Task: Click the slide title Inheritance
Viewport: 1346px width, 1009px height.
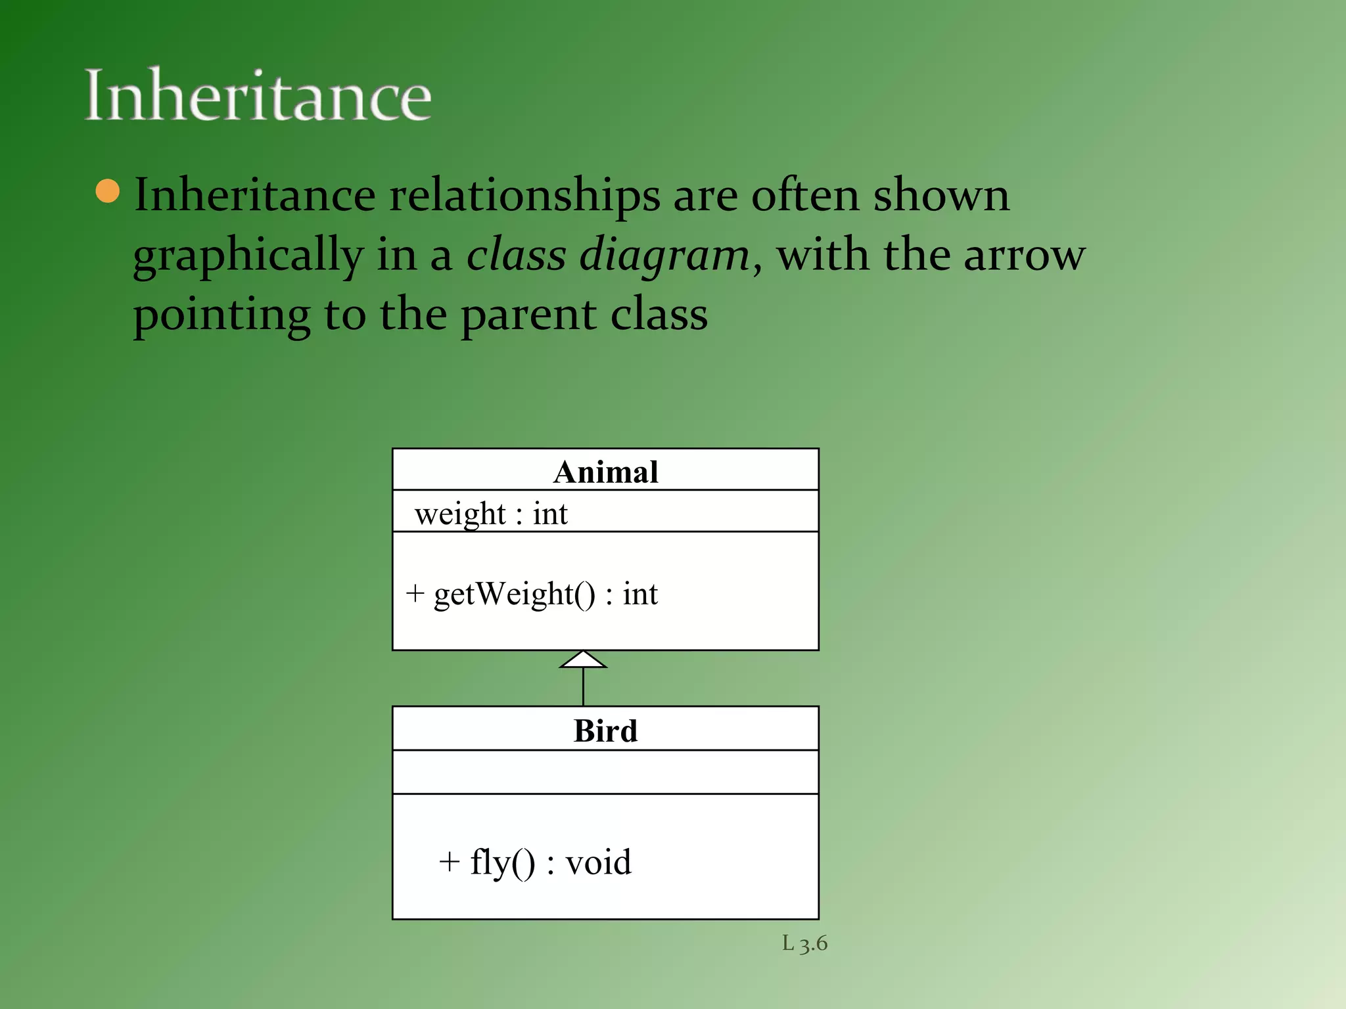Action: [x=258, y=96]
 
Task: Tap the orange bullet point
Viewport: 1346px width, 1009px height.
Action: [x=108, y=191]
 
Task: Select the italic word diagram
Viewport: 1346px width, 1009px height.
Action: [x=664, y=255]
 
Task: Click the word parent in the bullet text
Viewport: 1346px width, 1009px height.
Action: [x=529, y=315]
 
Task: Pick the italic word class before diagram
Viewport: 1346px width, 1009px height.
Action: [x=516, y=255]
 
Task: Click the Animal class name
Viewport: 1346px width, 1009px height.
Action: [x=605, y=472]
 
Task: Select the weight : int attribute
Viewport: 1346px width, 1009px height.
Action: [x=491, y=513]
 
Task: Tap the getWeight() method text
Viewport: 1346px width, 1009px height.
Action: [x=545, y=594]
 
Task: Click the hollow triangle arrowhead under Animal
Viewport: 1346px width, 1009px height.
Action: [x=583, y=660]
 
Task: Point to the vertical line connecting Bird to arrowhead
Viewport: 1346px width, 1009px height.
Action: [x=583, y=687]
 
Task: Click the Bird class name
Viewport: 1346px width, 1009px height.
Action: [x=605, y=730]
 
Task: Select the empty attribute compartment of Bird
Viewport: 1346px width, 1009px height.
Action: [x=605, y=772]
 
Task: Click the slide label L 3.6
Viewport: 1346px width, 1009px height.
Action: [x=804, y=943]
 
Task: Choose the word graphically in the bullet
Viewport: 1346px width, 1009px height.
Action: [x=248, y=256]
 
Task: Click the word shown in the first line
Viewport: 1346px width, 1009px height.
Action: [x=940, y=196]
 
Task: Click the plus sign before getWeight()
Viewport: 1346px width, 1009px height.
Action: [x=415, y=593]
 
